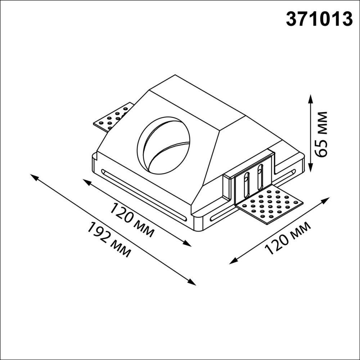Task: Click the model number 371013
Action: click(x=319, y=19)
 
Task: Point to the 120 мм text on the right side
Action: click(x=288, y=238)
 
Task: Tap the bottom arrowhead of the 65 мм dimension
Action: click(x=310, y=170)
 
